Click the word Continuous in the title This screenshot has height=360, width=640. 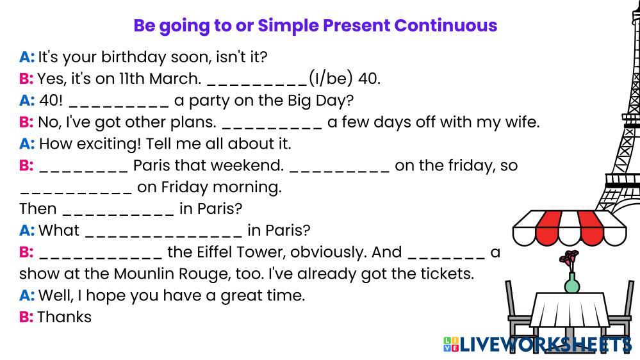tap(445, 26)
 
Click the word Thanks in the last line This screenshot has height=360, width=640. tap(65, 316)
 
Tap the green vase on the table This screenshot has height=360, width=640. tap(572, 282)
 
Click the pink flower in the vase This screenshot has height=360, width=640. tap(569, 258)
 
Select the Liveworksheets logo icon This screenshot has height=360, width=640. tap(451, 344)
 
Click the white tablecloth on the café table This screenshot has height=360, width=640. tap(571, 309)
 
